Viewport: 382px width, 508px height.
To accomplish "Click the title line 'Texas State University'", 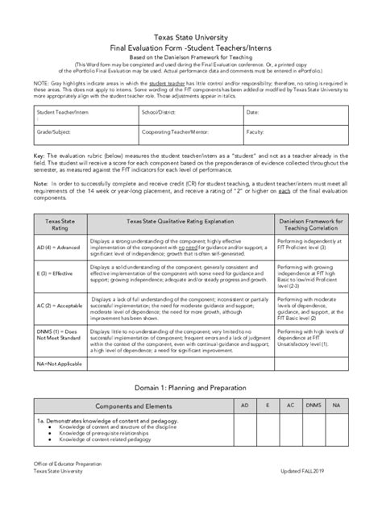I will (x=191, y=38).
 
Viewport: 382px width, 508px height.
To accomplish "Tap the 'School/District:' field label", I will (x=160, y=112).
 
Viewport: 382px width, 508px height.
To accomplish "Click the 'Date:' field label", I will (x=252, y=112).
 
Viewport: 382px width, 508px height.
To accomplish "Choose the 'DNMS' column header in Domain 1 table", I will (x=313, y=405).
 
